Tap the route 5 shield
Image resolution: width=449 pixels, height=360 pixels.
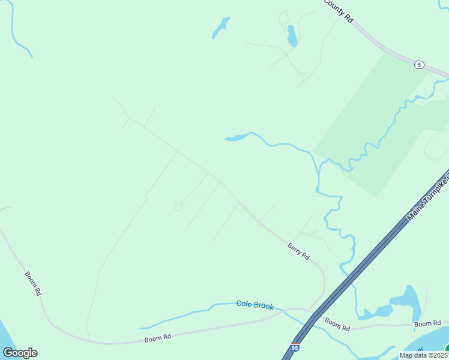[419, 64]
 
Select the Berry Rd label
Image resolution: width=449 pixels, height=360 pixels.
[298, 251]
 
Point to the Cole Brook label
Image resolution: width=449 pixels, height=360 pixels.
[255, 305]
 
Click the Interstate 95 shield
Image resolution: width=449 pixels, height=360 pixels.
[295, 347]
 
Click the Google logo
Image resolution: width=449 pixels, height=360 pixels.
[20, 353]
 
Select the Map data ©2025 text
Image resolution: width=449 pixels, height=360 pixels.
[424, 355]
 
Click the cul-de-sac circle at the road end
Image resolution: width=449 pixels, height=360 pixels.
[178, 206]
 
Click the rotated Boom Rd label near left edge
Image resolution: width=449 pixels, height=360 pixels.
[33, 283]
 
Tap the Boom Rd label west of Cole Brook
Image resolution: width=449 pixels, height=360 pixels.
[158, 338]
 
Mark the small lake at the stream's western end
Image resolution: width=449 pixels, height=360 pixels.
[237, 138]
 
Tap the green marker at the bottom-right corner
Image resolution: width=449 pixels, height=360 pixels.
[447, 349]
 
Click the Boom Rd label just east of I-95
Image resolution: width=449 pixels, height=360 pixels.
[337, 324]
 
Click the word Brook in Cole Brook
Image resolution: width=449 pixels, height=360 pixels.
[264, 306]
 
